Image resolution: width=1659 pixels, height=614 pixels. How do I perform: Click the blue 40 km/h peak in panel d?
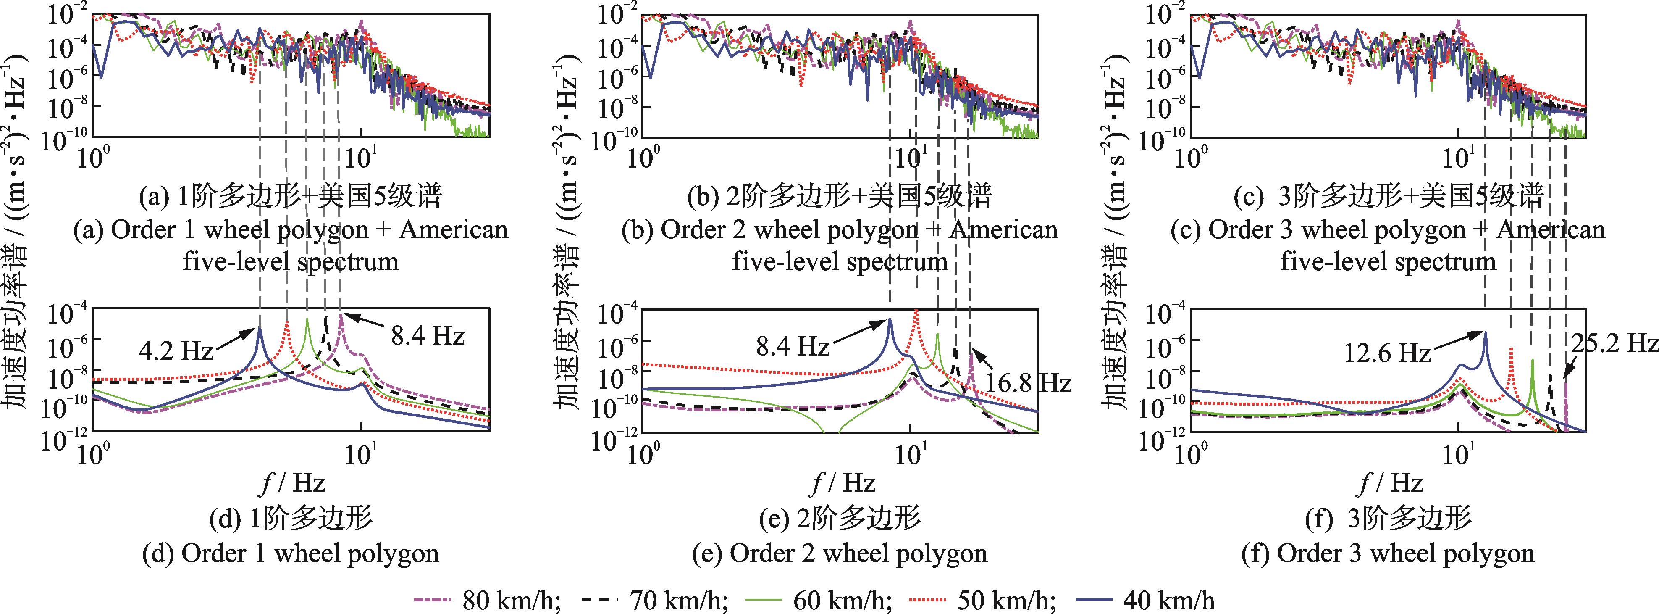coord(260,327)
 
